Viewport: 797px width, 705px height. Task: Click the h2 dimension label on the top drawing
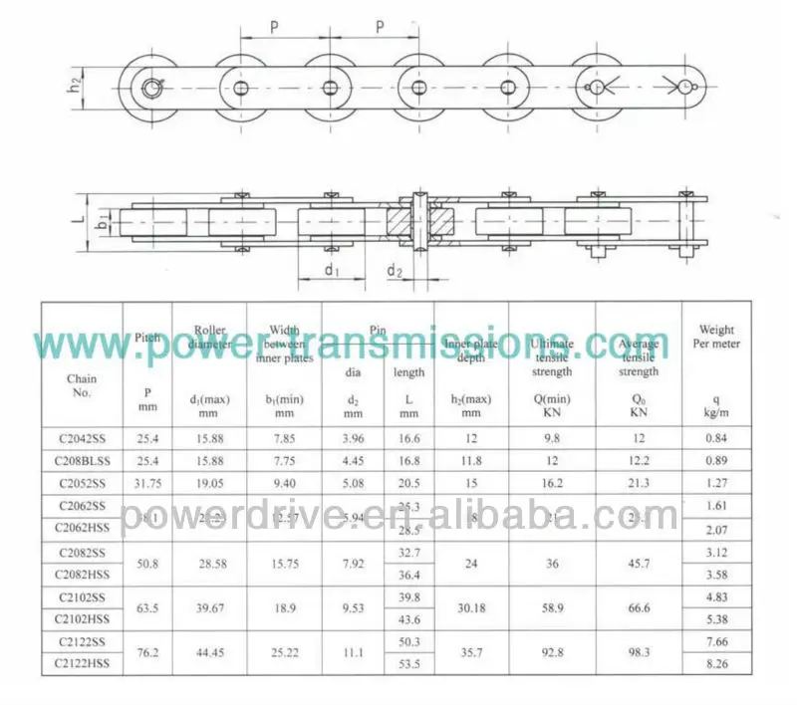(76, 87)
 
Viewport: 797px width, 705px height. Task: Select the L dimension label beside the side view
(76, 216)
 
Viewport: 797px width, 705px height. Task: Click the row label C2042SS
(82, 438)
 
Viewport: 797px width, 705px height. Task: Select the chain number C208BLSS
(82, 461)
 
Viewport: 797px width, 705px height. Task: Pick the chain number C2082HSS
(82, 574)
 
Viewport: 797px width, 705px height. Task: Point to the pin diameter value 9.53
(354, 607)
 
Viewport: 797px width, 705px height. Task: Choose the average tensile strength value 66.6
(639, 607)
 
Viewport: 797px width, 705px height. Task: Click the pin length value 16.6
(408, 438)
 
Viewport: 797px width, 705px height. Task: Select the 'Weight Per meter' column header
(716, 337)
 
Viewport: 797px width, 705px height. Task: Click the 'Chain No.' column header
(82, 385)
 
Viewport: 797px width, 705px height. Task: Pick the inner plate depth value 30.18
(471, 607)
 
